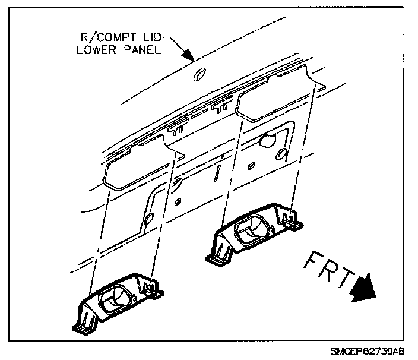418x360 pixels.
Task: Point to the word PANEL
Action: coord(142,51)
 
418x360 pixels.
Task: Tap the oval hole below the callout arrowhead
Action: coord(199,74)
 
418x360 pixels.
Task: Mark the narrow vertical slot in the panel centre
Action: coord(218,173)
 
